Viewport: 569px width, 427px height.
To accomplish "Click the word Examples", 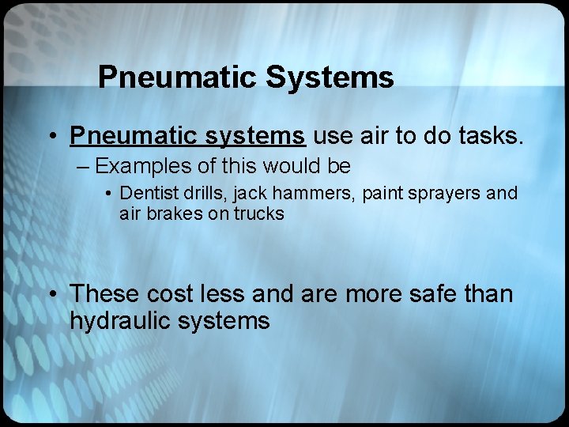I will click(139, 167).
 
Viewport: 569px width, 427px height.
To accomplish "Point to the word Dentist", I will click(147, 193).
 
